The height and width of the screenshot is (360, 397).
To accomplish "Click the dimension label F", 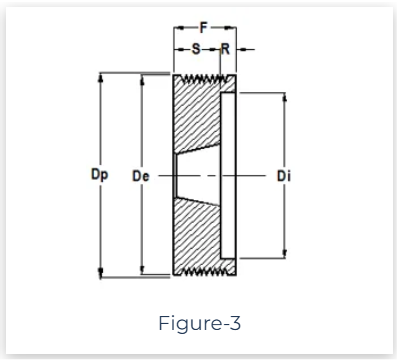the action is pos(204,27).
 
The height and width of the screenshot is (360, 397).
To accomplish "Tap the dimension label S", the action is pos(196,49).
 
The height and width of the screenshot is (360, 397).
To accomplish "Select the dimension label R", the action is pos(226,49).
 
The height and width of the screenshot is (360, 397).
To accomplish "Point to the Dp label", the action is pos(99,175).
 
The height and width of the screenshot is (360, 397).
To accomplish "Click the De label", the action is pos(141,176).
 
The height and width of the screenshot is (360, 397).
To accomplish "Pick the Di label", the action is pos(284,176).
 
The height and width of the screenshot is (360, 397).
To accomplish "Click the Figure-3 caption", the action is pos(199,323).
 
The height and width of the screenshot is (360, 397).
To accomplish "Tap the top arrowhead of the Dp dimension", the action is pos(101,77).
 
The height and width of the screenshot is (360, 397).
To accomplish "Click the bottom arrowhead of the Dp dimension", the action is pos(101,273).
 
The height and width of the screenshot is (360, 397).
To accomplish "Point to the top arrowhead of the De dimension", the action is pos(143,79).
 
